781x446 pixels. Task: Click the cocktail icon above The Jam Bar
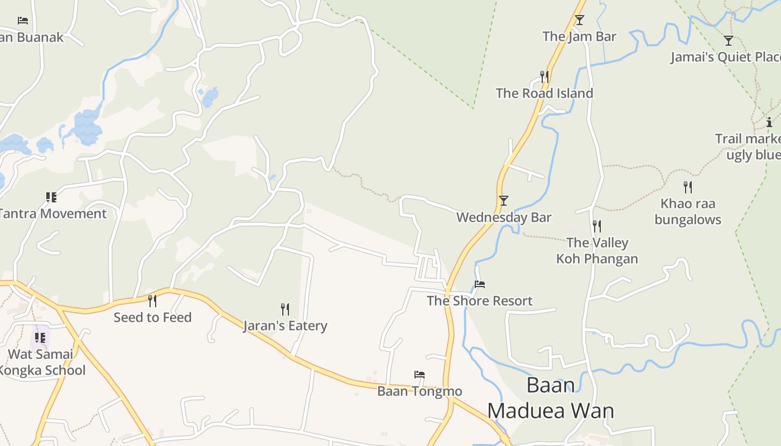point(580,20)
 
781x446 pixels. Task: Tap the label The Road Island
point(544,93)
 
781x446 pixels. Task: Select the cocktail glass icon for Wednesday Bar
point(504,201)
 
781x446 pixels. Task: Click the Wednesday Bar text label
point(504,217)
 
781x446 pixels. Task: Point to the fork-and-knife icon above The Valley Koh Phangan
point(597,226)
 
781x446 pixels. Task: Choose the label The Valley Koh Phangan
point(597,251)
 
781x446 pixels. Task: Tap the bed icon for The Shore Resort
point(480,284)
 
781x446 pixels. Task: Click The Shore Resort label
point(480,301)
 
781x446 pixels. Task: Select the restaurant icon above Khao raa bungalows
point(688,187)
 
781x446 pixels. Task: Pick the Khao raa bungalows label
point(688,212)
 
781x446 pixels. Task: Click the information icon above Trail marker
point(769,122)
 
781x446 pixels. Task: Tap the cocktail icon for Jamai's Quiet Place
point(728,41)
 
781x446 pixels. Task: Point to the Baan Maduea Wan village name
point(551,398)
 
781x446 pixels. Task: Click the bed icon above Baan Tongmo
point(420,375)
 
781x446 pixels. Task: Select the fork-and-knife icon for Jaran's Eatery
point(285,309)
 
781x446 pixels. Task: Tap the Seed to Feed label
point(152,318)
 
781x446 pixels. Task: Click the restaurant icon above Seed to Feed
point(152,301)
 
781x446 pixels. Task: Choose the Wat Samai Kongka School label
point(42,362)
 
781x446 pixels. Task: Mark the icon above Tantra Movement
point(51,197)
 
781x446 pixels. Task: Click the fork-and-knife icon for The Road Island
point(544,76)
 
